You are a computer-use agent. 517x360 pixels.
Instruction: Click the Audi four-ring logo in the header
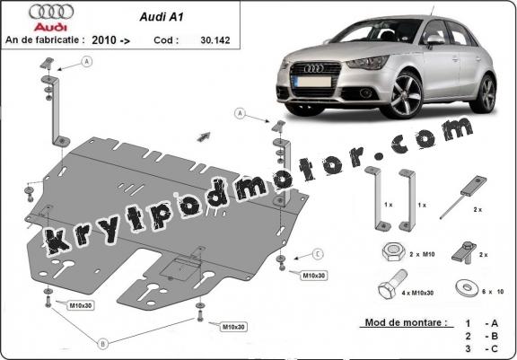tap(51, 12)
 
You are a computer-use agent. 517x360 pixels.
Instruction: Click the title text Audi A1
tap(162, 17)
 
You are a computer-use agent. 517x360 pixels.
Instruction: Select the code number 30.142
tap(215, 40)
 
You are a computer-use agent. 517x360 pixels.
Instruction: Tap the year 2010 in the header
tap(104, 40)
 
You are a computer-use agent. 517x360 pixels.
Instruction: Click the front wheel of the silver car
tap(404, 94)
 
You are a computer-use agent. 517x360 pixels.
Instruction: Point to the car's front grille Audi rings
tap(313, 68)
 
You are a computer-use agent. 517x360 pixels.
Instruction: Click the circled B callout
tap(102, 344)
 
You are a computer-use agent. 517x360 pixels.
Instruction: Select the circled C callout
tap(318, 254)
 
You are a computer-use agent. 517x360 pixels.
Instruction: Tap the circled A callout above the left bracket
tap(87, 62)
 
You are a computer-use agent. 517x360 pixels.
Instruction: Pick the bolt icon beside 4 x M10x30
tap(392, 285)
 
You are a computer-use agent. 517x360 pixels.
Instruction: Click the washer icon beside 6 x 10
tap(468, 288)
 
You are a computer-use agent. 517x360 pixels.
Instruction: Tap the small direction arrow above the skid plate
tap(204, 136)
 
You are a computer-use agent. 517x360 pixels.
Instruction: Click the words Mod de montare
tap(407, 322)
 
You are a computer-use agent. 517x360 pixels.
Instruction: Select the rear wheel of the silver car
tap(485, 93)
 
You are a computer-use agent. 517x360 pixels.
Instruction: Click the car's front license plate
tap(311, 82)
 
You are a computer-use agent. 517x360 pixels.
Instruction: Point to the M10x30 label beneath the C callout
tap(314, 276)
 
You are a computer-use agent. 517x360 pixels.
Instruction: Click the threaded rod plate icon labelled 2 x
tap(463, 197)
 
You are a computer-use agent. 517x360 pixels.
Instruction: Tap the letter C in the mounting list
tap(494, 348)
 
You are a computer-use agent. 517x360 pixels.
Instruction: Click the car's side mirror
tap(435, 40)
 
